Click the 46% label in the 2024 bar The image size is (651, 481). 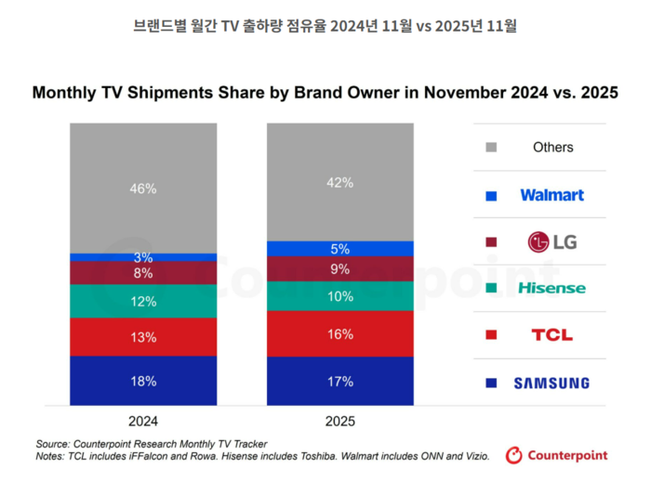tap(143, 188)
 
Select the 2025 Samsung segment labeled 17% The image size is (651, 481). tap(339, 381)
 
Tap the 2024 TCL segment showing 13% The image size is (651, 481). tap(143, 337)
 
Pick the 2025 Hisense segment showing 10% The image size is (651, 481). tap(339, 296)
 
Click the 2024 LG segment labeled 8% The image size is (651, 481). tap(143, 273)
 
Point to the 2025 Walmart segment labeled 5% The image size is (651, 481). tap(339, 249)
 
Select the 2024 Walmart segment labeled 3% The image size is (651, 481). tap(143, 257)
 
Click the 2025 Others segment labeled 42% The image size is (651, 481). tap(339, 183)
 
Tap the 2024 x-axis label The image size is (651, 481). tap(143, 421)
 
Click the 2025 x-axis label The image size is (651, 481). tap(339, 421)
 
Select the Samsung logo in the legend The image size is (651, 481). tap(551, 383)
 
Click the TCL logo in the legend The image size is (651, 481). tap(551, 335)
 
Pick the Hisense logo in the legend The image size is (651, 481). tap(551, 288)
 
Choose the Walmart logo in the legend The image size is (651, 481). tap(551, 195)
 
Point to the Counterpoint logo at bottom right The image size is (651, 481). tap(556, 455)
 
